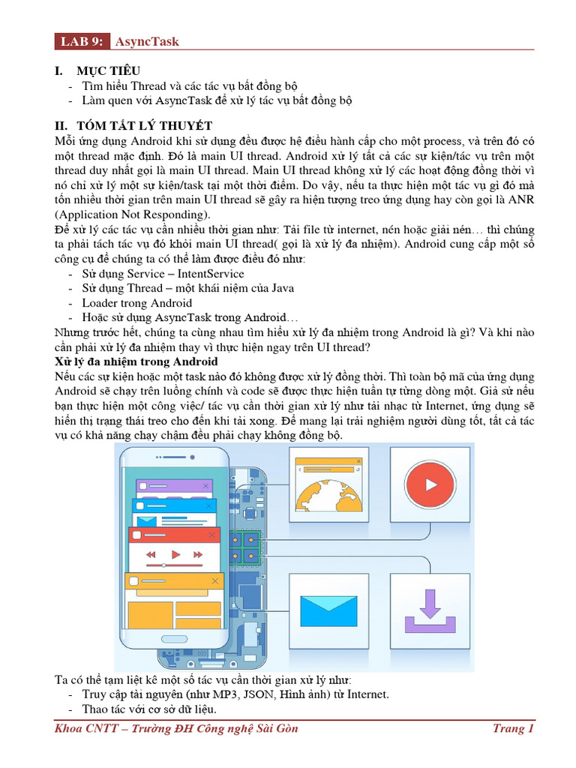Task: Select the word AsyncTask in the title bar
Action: click(x=147, y=40)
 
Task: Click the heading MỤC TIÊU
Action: click(x=108, y=70)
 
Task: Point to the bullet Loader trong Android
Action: click(x=137, y=303)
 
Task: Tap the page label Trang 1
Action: click(x=513, y=728)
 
